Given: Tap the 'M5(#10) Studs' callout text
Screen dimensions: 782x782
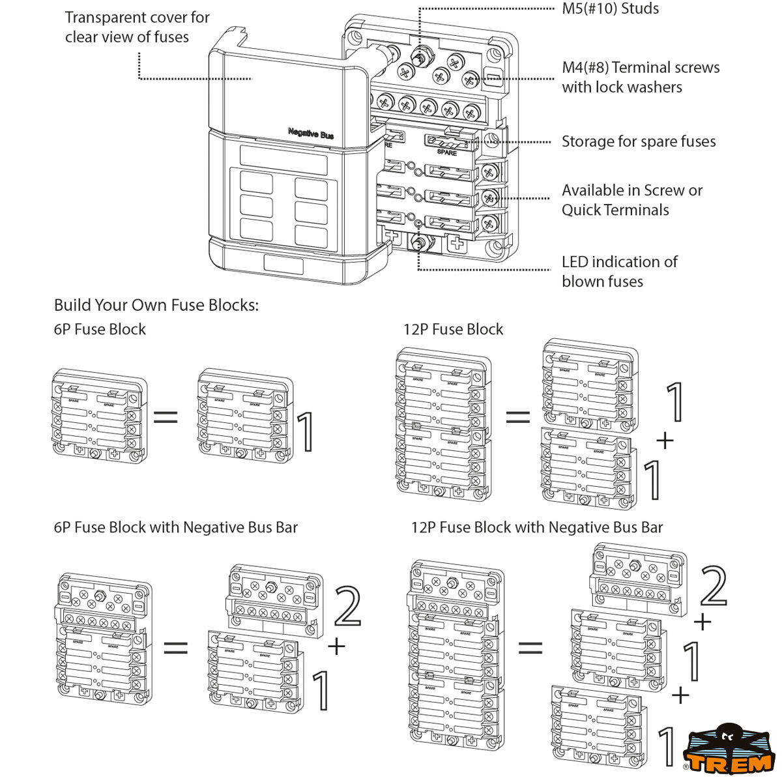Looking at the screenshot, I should [x=610, y=9].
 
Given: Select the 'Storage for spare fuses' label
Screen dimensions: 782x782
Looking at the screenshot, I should [x=638, y=141].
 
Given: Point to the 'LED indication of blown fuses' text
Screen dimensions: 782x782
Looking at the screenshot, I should [x=619, y=271].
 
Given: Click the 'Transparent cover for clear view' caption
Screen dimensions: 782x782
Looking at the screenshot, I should [x=137, y=27].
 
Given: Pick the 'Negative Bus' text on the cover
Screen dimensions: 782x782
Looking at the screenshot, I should [x=311, y=133].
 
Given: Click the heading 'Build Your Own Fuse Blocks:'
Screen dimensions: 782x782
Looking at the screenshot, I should [x=156, y=305].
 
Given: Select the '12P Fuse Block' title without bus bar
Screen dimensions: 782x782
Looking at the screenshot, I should [x=453, y=329].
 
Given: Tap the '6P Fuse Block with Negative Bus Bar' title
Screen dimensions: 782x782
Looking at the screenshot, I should [x=175, y=527].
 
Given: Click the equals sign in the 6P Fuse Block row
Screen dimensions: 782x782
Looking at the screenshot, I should [x=166, y=416].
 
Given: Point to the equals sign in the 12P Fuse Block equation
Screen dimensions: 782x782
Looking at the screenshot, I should [x=518, y=416].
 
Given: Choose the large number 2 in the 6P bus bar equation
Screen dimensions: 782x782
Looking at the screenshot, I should [x=347, y=606].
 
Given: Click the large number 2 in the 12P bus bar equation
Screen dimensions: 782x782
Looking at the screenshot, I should [x=713, y=586].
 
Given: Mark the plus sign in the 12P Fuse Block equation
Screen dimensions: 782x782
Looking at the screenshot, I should [x=665, y=441].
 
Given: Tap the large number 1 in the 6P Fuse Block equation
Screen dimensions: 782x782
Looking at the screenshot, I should [x=306, y=431].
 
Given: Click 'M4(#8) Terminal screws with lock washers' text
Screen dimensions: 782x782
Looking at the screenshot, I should [x=640, y=77].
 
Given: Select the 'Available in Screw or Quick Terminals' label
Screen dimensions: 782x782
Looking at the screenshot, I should [x=631, y=200].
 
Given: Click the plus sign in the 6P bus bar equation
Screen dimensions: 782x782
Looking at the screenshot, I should [x=336, y=646].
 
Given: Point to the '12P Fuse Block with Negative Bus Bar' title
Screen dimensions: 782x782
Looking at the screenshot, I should [x=536, y=527].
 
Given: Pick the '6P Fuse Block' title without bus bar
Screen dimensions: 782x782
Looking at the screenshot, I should [x=100, y=329].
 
